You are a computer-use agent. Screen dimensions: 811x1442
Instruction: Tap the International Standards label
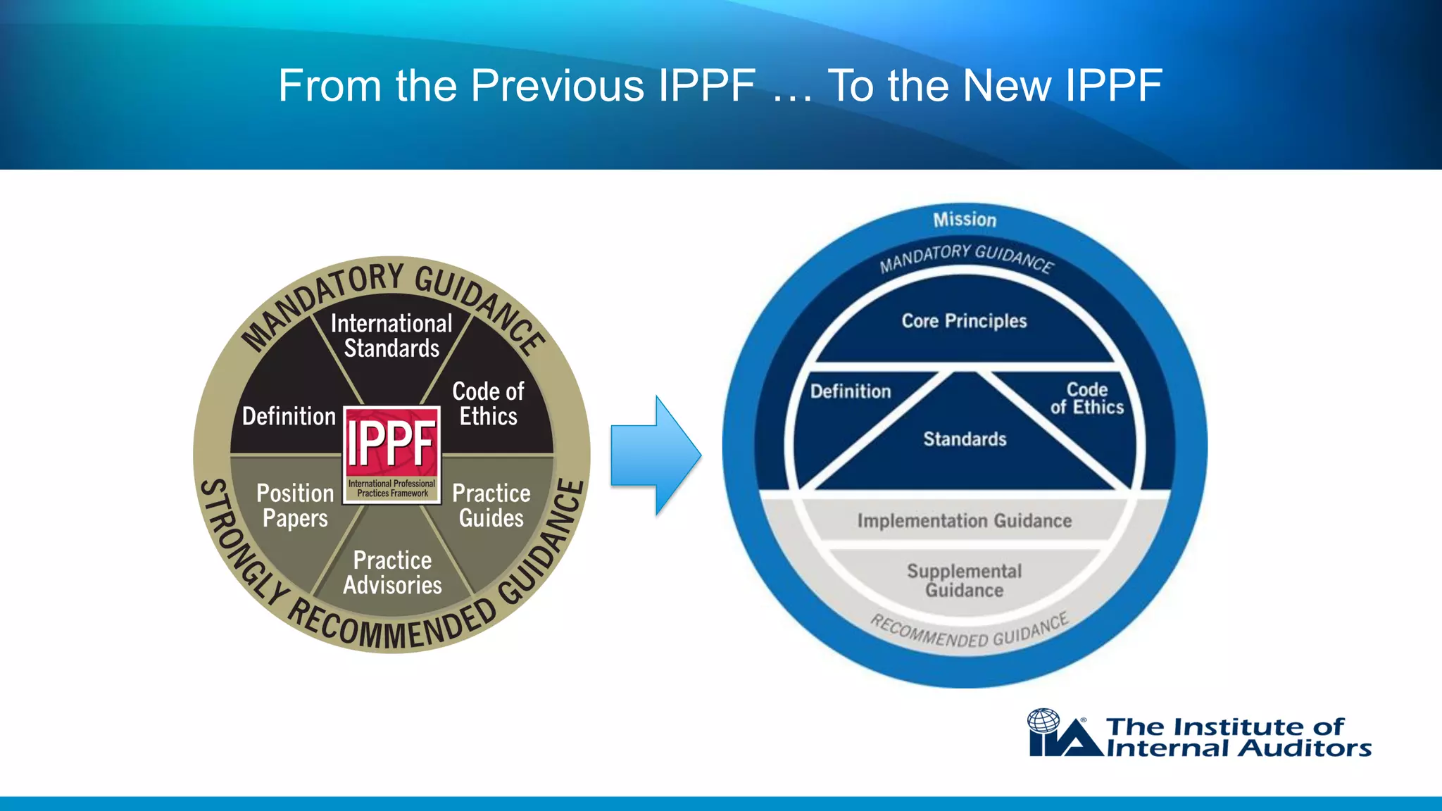[391, 336]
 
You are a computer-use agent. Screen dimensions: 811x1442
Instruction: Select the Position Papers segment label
[295, 505]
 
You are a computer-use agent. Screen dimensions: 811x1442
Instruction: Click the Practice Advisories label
[392, 572]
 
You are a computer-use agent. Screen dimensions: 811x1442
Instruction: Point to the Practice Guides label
[491, 505]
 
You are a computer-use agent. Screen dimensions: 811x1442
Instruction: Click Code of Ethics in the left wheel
[488, 403]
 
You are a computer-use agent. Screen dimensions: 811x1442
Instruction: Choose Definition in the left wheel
[289, 416]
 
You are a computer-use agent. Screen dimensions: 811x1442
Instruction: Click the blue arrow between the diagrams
[655, 455]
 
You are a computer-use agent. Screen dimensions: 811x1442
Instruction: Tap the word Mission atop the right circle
[965, 220]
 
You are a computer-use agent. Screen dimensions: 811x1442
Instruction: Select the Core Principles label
[964, 321]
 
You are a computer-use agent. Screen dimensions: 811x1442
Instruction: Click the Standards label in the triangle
[965, 439]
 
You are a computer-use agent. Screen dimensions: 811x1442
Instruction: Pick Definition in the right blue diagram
[851, 391]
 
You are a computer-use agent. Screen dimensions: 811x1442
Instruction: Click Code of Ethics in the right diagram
[1086, 398]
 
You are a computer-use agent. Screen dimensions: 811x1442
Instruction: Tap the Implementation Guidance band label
[964, 521]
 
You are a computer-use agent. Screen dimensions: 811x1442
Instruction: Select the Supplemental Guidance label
[964, 580]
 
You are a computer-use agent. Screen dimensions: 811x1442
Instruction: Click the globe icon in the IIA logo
[1043, 722]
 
